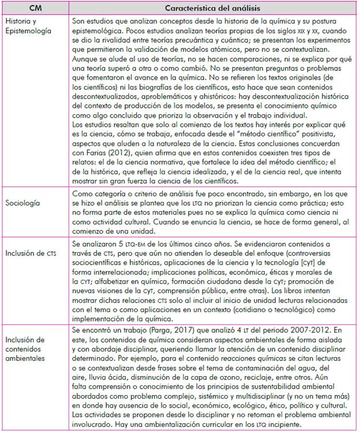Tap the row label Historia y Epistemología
pos(29,27)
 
